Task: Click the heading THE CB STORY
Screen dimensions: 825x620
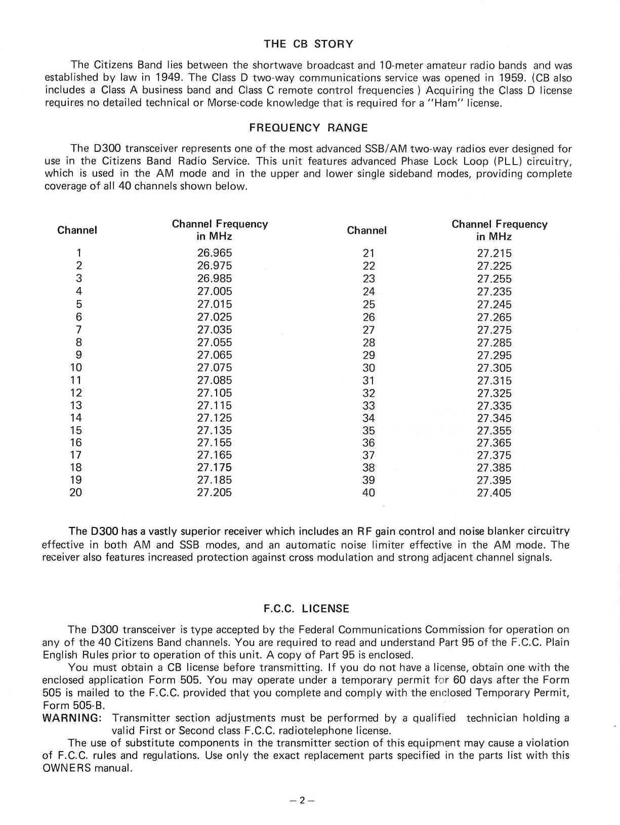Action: [308, 44]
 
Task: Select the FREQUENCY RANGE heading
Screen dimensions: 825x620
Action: [308, 128]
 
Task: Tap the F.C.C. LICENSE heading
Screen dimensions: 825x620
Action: [307, 609]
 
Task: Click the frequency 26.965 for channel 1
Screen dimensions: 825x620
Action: [215, 253]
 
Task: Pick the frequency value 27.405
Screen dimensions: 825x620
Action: [494, 493]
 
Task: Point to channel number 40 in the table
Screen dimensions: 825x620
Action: [369, 493]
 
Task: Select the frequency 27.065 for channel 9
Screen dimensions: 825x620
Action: [215, 355]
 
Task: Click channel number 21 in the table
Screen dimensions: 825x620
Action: [369, 254]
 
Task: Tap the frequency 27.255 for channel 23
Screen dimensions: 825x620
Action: [494, 279]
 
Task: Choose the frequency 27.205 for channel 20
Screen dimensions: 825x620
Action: [215, 492]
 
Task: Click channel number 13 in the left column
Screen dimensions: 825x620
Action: [76, 405]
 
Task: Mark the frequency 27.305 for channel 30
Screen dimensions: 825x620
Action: [494, 368]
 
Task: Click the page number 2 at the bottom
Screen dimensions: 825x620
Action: [302, 801]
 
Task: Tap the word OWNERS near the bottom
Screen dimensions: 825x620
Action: [67, 768]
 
